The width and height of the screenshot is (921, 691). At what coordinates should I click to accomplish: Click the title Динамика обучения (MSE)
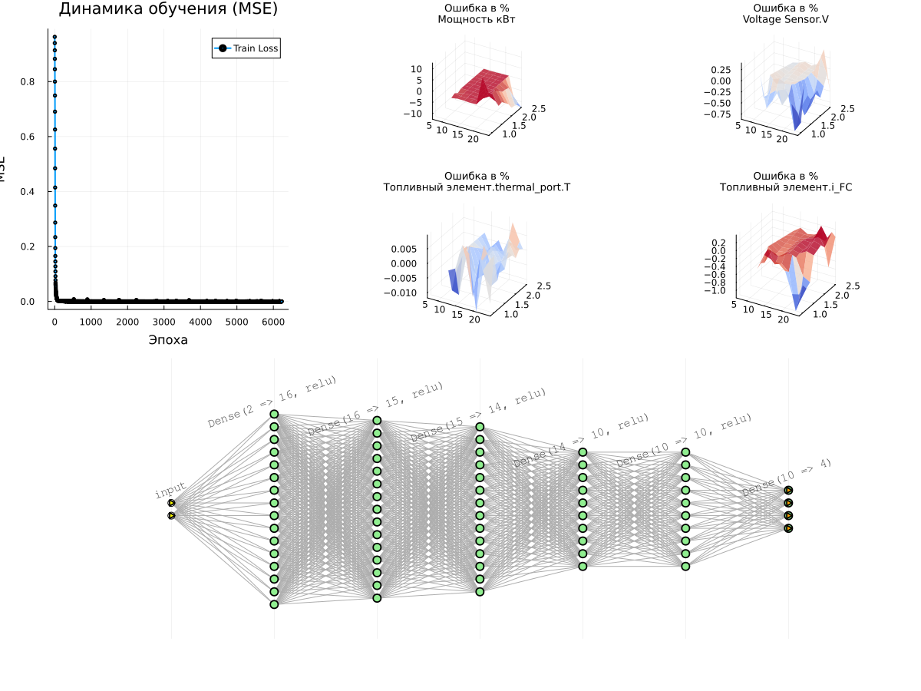[168, 9]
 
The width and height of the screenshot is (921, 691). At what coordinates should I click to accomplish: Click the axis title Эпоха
[168, 340]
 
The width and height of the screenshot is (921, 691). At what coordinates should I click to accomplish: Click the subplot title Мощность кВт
[476, 19]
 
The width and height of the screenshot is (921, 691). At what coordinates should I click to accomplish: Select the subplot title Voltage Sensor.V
[785, 19]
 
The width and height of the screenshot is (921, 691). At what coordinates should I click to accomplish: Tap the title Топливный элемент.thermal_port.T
[477, 187]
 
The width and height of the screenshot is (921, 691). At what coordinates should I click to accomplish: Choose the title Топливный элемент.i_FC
[785, 187]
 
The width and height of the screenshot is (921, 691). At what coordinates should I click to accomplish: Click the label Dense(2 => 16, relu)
[272, 402]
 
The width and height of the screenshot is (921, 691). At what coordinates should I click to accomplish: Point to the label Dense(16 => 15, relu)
[375, 409]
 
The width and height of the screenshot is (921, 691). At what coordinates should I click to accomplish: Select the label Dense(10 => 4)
[787, 478]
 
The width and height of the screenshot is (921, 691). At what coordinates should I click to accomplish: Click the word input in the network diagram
[170, 491]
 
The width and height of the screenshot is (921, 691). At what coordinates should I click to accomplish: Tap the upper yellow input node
[171, 503]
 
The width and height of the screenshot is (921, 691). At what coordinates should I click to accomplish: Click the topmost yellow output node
[788, 490]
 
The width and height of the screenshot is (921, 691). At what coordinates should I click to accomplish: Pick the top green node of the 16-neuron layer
[274, 414]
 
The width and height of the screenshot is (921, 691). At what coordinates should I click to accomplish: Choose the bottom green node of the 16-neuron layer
[274, 604]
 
